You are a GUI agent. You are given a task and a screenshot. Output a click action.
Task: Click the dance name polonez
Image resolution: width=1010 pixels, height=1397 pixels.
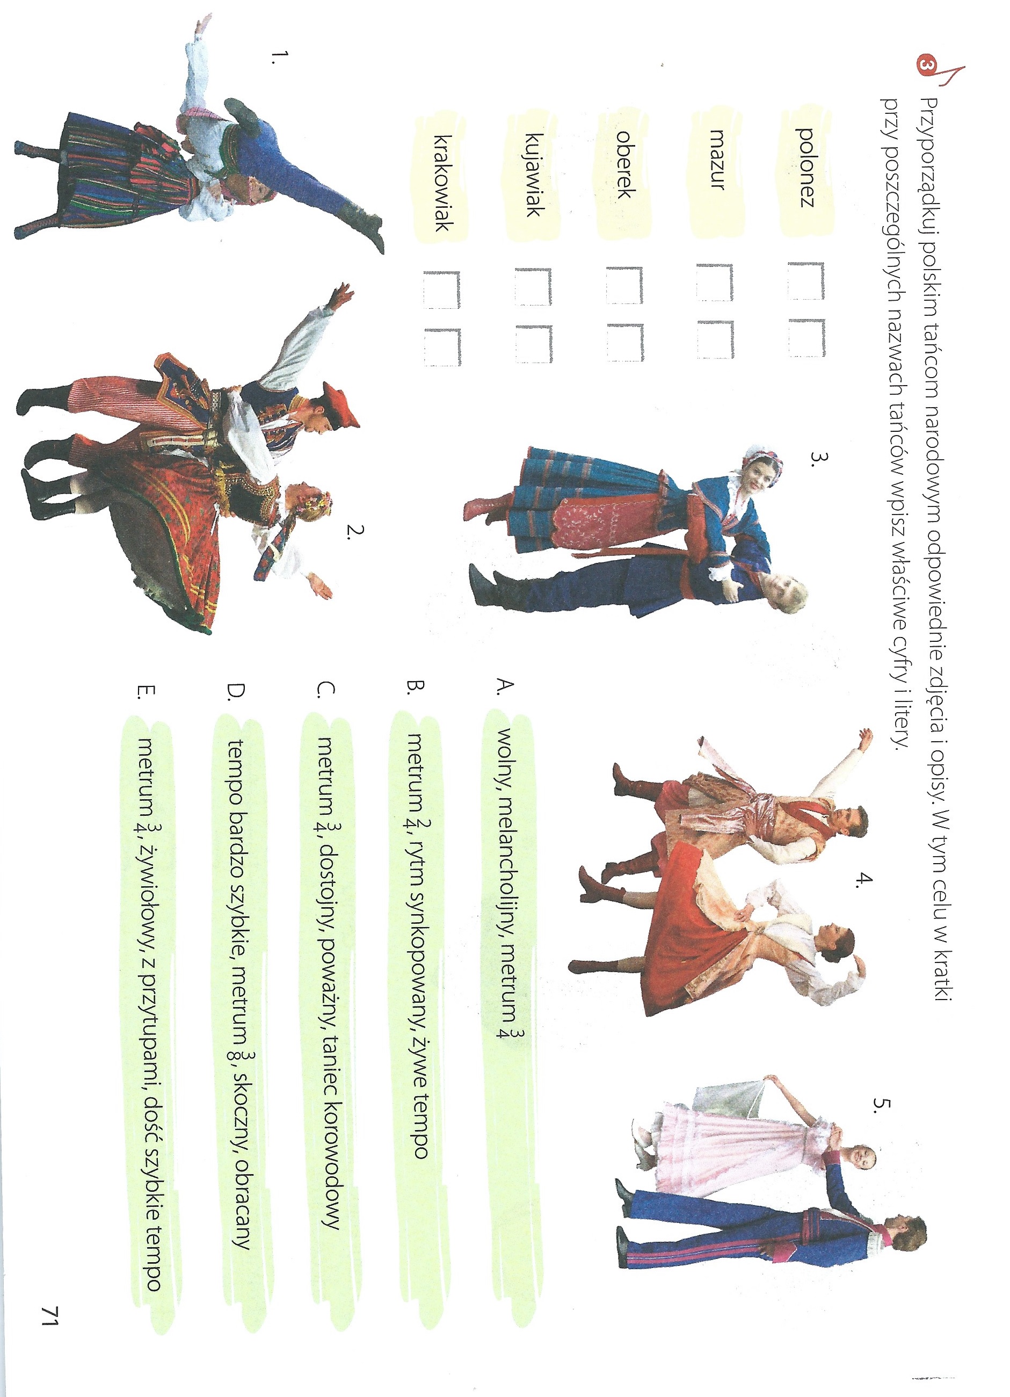click(805, 167)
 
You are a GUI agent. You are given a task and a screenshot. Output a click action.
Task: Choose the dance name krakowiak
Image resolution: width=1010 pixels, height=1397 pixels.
click(444, 183)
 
